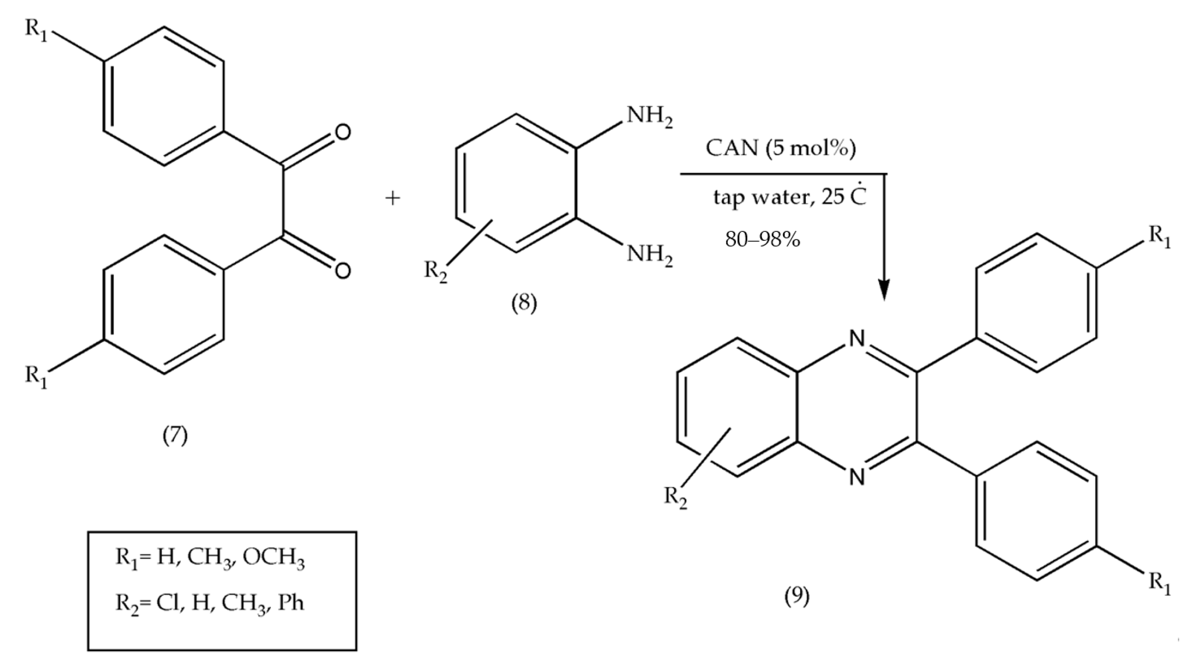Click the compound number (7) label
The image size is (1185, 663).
click(175, 435)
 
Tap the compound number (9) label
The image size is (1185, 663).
click(797, 596)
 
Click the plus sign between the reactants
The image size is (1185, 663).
click(392, 199)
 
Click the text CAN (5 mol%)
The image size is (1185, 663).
click(780, 148)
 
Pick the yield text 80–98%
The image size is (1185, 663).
click(762, 240)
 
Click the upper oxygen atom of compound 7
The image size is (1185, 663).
click(342, 132)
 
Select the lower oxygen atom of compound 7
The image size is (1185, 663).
click(342, 270)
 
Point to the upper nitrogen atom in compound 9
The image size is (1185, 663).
click(857, 339)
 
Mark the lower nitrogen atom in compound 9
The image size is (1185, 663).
click(857, 477)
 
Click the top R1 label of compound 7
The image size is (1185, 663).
click(36, 31)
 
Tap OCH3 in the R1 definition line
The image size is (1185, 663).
click(274, 558)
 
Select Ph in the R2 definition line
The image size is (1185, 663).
click(291, 603)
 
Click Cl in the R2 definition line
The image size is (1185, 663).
click(167, 603)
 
